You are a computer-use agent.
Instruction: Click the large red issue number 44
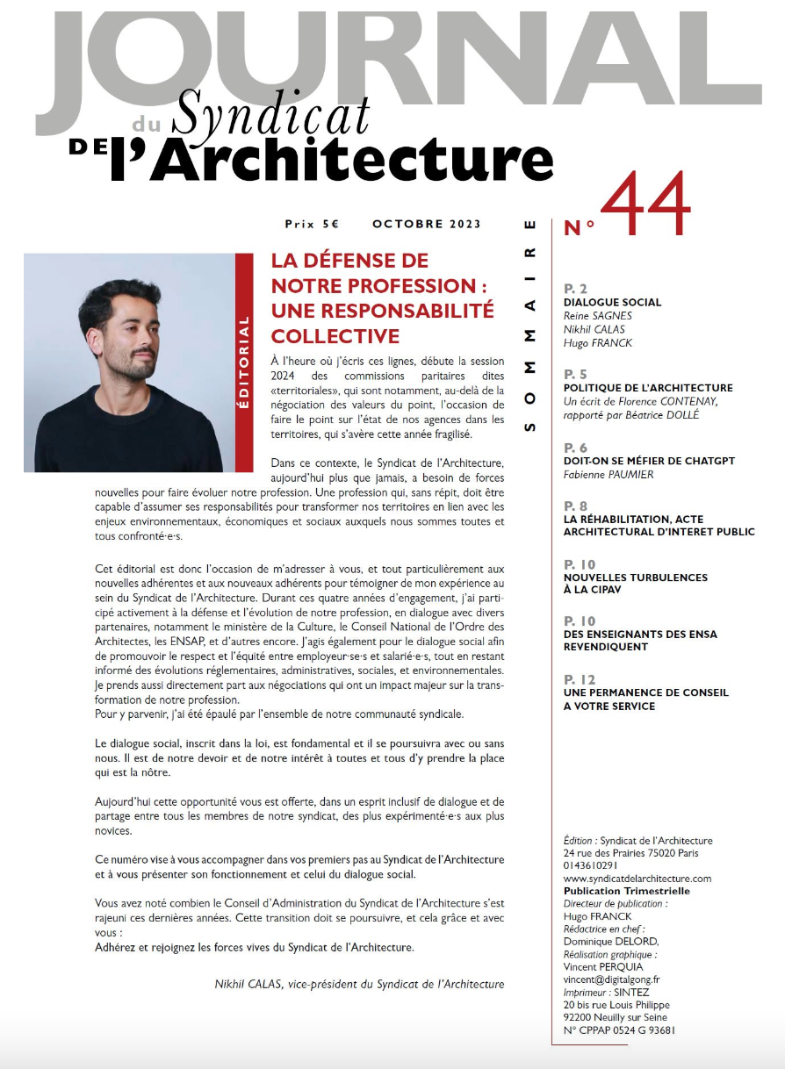pos(646,205)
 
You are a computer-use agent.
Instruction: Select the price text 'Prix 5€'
pos(312,224)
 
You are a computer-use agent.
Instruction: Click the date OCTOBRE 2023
pos(427,224)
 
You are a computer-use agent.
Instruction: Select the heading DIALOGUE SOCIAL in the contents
pos(612,302)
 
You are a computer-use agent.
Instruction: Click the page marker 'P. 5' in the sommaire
pos(575,374)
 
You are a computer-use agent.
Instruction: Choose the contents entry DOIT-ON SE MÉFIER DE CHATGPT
pos(649,461)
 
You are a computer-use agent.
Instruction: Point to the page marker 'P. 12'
pos(580,679)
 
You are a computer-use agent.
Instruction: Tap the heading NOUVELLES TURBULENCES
pos(636,578)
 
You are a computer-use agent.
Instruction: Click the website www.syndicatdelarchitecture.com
pos(637,879)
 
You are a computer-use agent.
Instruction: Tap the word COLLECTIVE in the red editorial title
pos(335,336)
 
